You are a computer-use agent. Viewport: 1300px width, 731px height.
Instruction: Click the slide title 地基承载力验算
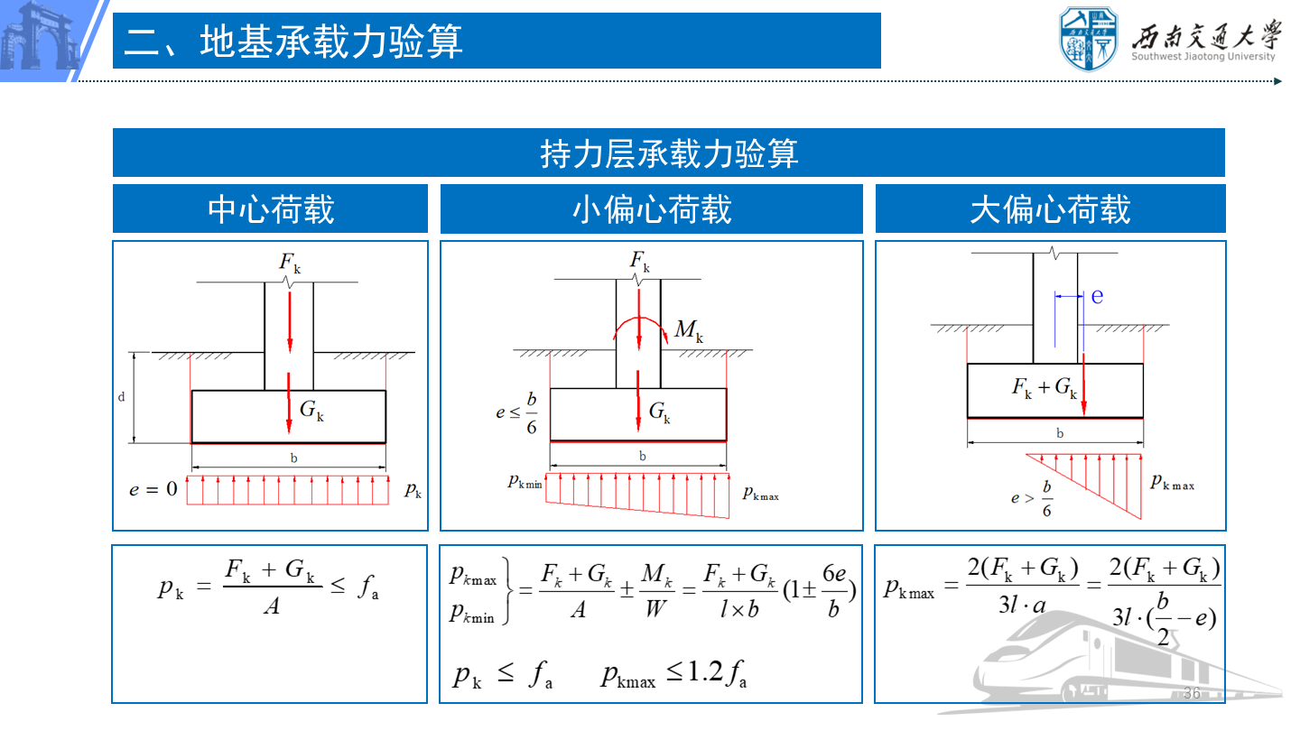coord(330,42)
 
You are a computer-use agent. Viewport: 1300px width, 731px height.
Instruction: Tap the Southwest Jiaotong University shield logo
coord(1089,38)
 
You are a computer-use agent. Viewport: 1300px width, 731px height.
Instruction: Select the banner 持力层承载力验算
coord(669,153)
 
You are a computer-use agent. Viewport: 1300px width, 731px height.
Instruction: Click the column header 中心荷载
coord(271,208)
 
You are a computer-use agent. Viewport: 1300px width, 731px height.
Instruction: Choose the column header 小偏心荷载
coord(652,208)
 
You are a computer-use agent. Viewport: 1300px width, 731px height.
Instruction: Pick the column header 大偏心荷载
coord(1051,208)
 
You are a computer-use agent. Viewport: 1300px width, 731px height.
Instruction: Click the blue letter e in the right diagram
coord(1097,296)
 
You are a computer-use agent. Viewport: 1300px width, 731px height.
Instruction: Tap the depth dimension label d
coord(121,397)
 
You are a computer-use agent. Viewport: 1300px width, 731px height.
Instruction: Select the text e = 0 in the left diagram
coord(153,489)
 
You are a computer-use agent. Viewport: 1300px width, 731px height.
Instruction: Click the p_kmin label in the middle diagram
coord(525,482)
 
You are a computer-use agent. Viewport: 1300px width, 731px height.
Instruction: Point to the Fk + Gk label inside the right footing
coord(1044,387)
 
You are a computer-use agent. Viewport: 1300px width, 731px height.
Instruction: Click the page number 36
coord(1192,693)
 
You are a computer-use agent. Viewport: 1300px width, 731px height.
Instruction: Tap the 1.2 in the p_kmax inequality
coord(705,671)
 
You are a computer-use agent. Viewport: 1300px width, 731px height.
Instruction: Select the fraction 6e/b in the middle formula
coord(834,590)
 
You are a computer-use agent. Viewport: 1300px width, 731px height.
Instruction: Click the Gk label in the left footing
coord(311,410)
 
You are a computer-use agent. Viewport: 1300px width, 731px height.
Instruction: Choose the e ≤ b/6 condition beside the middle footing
coord(516,413)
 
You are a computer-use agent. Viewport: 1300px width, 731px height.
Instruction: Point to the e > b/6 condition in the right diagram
coord(1031,498)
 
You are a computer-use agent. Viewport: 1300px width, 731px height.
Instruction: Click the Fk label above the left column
coord(290,263)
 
